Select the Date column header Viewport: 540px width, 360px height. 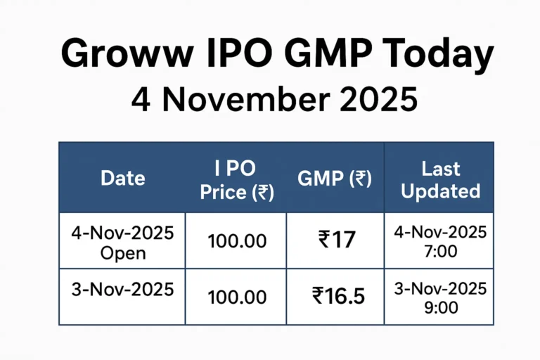point(123,179)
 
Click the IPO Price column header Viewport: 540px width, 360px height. point(237,179)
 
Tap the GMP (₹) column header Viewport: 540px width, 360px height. point(335,179)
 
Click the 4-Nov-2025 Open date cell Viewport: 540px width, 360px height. point(123,242)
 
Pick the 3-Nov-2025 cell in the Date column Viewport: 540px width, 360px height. point(123,288)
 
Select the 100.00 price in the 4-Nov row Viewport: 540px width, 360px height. point(237,241)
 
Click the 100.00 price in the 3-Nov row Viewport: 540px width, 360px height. point(237,297)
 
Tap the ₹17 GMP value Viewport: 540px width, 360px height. point(335,241)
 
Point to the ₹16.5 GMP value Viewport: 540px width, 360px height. point(338,297)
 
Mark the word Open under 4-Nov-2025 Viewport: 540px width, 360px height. point(123,252)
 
